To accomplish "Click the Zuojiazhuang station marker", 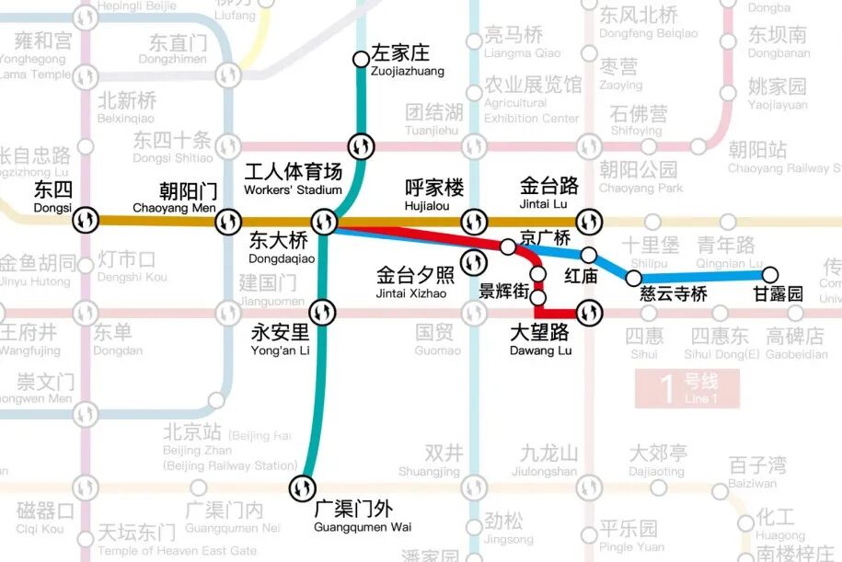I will coord(361,60).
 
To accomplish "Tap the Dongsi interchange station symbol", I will coord(87,221).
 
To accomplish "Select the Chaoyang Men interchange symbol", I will coord(228,222).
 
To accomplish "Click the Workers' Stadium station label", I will coord(293,179).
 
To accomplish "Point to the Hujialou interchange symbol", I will coord(474,222).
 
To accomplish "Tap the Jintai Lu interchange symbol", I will coord(588,222).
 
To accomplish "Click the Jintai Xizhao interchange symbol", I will coord(474,263).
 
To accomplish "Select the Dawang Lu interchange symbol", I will coord(588,314).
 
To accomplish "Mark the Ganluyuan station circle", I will coord(770,274).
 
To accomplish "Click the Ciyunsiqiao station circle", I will coord(633,277).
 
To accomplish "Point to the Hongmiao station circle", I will coord(589,255).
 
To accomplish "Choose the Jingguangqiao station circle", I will coord(507,247).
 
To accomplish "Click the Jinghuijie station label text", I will coord(503,292).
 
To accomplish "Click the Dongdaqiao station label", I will coord(281,247).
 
